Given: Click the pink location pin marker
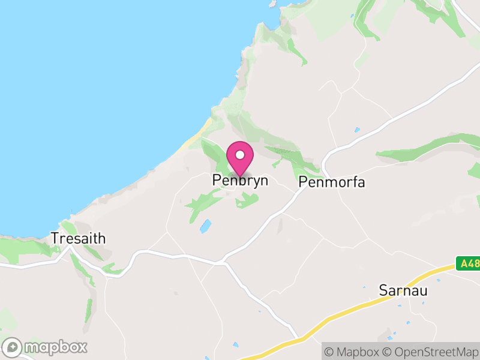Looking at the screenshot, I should (x=240, y=158).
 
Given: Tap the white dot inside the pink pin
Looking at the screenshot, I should (x=240, y=155).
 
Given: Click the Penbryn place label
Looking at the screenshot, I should (x=240, y=181).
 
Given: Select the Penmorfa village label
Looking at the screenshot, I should (x=331, y=182).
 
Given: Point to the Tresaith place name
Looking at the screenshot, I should (x=79, y=238).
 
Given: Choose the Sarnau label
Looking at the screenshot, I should (x=402, y=290).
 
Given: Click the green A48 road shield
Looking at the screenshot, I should (x=468, y=263).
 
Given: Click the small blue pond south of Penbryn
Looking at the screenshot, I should (x=205, y=226).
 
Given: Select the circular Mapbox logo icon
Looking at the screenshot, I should (x=13, y=347).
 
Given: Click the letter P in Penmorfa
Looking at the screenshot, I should (x=302, y=182).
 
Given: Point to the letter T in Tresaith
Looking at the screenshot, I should (x=55, y=238).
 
